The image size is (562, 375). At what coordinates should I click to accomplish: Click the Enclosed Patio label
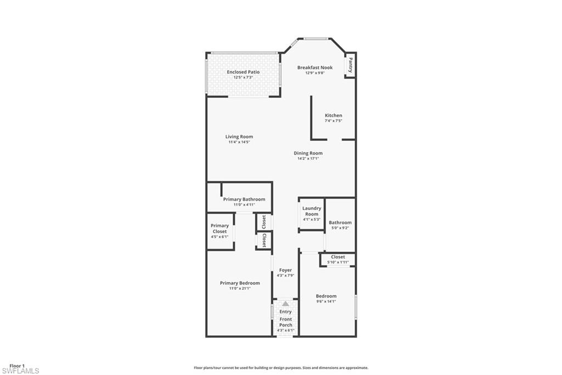(243, 72)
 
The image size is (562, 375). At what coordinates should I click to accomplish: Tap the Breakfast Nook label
(315, 68)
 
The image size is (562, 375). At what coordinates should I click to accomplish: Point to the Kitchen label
(333, 115)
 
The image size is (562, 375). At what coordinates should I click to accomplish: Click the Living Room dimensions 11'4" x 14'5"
(239, 142)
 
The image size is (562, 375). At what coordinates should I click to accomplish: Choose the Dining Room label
(308, 153)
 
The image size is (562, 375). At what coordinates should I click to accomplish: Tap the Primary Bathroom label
(244, 199)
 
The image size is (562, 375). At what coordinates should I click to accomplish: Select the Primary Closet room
(220, 231)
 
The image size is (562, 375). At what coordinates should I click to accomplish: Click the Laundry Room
(312, 213)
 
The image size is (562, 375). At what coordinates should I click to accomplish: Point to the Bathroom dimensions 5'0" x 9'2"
(339, 228)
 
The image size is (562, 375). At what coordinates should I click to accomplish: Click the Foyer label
(285, 270)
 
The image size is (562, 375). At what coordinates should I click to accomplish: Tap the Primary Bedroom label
(240, 283)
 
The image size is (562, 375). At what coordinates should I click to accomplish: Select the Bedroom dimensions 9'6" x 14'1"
(326, 301)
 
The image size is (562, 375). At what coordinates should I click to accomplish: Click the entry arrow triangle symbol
(285, 304)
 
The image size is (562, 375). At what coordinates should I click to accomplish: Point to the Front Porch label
(286, 322)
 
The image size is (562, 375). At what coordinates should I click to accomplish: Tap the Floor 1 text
(18, 366)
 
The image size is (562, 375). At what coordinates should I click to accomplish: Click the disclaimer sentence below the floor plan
(280, 368)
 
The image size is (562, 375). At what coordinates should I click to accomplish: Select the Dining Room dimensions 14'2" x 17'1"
(308, 158)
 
